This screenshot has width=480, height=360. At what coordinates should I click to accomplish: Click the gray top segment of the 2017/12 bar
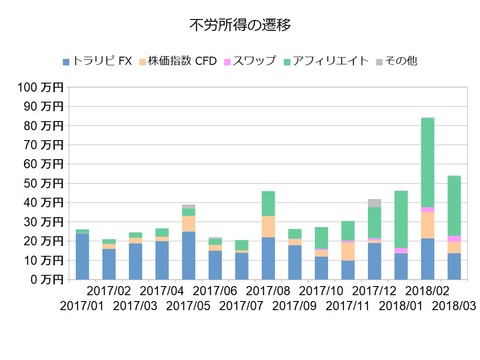pyautogui.click(x=374, y=203)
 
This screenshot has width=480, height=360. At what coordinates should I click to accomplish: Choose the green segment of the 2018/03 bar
pyautogui.click(x=453, y=205)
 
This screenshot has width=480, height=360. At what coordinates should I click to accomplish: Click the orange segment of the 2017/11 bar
pyautogui.click(x=347, y=251)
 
